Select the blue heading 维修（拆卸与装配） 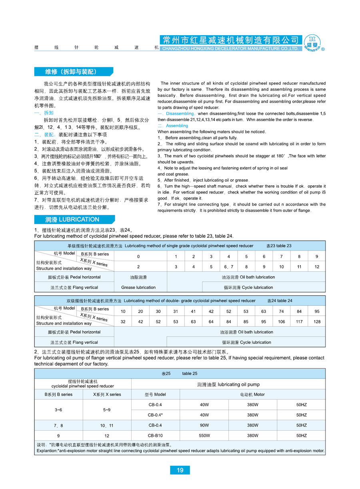(x=71, y=72)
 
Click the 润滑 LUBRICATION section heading (x=72, y=219)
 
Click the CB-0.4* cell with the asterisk (x=155, y=415)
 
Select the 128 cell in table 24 (x=317, y=321)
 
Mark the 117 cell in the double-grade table (x=299, y=321)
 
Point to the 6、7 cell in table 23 (x=228, y=267)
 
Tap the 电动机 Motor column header (x=252, y=395)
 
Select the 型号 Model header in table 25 (x=155, y=395)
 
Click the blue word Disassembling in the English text (x=180, y=114)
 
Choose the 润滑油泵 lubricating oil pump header (x=228, y=385)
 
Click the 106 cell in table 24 (x=282, y=321)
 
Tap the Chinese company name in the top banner (x=230, y=40)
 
